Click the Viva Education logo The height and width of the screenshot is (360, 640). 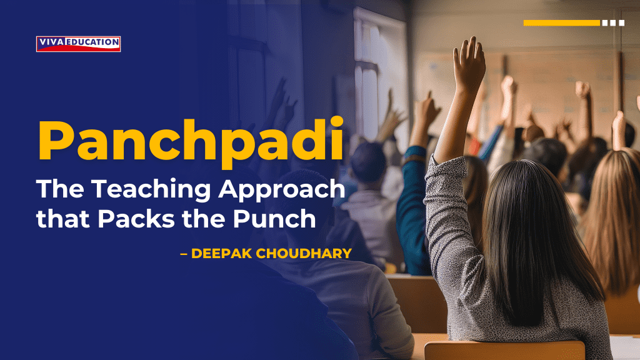point(78,43)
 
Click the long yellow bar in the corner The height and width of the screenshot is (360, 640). point(561,23)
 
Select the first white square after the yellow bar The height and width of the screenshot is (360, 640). point(605,23)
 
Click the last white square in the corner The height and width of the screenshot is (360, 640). point(621,23)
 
